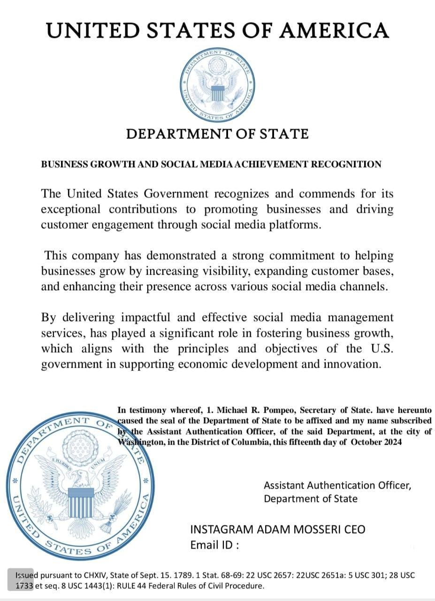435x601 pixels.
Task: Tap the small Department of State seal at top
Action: [x=217, y=83]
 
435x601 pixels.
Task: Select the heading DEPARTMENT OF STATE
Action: [x=217, y=134]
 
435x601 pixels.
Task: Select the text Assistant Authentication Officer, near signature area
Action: [x=337, y=485]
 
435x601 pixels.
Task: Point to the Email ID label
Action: [x=214, y=545]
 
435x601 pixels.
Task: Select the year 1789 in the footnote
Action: [x=162, y=575]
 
